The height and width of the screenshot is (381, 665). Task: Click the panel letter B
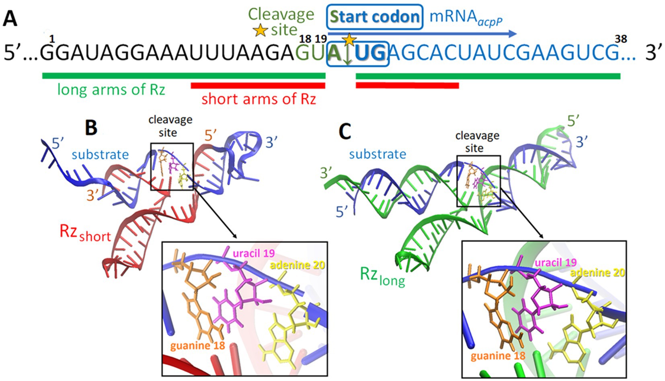click(x=91, y=128)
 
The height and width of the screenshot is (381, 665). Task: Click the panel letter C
click(x=345, y=132)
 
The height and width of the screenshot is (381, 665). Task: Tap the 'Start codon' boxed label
click(x=375, y=17)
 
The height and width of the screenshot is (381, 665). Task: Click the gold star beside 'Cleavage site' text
click(x=261, y=30)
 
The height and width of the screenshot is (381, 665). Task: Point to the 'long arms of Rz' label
click(x=111, y=89)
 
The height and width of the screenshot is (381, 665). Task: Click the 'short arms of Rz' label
click(x=259, y=99)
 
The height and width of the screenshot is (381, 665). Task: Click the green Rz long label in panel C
click(x=382, y=276)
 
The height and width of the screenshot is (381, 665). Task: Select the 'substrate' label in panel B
click(x=100, y=154)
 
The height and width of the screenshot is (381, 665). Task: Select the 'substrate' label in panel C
click(x=378, y=154)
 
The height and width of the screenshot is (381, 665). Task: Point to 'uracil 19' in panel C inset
click(x=555, y=262)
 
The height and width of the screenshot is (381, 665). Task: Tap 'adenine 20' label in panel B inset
click(x=297, y=265)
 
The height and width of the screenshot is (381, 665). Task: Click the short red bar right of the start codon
click(x=407, y=85)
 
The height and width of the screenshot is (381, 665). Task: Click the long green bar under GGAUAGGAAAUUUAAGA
click(x=183, y=75)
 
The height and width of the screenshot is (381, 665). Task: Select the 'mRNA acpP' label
click(x=466, y=17)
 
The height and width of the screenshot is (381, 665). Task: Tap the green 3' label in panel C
click(x=326, y=173)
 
